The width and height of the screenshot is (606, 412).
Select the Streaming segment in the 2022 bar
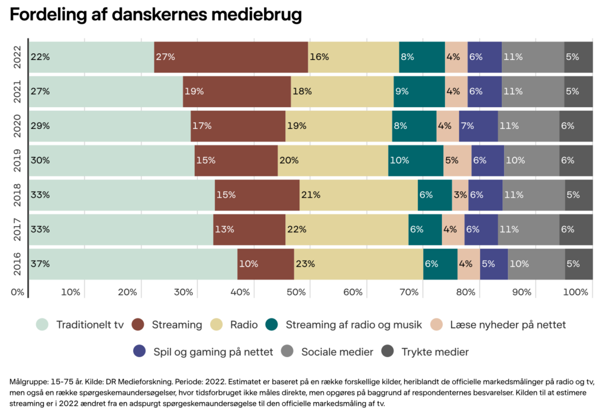231,57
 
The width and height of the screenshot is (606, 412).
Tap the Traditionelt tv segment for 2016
133,264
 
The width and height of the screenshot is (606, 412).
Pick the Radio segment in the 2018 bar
358,195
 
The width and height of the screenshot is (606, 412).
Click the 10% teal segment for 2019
415,160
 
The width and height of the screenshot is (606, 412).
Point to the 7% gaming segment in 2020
478,126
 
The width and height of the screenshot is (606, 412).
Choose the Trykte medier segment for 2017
576,230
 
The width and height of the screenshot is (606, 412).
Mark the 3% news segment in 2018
460,195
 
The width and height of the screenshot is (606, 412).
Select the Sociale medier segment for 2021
533,92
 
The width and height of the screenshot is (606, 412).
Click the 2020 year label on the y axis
18,126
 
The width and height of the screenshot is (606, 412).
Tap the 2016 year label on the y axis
18,264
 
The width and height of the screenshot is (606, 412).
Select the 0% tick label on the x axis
18,292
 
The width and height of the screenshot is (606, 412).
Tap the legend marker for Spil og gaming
140,352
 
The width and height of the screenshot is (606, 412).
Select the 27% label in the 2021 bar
41,92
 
